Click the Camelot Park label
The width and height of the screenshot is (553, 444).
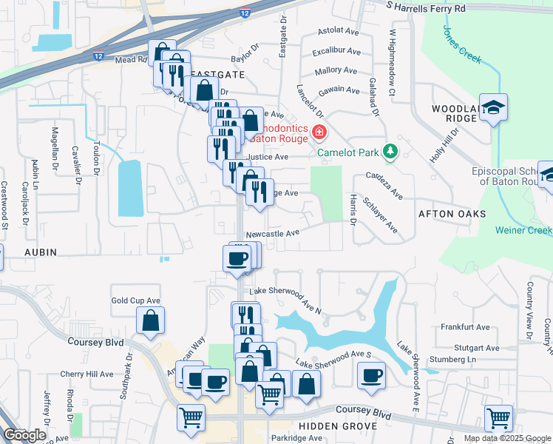347,153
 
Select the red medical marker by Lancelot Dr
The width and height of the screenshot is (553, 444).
319,133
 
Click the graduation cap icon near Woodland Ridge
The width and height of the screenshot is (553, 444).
492,108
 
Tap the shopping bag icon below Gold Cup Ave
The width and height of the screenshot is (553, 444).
150,321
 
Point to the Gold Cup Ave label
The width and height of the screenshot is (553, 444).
135,300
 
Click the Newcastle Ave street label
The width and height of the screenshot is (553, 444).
272,232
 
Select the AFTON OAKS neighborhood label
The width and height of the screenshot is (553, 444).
452,213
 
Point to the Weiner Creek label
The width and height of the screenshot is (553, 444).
524,230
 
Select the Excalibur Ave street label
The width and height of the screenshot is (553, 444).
336,52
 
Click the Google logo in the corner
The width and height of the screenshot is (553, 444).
24,436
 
